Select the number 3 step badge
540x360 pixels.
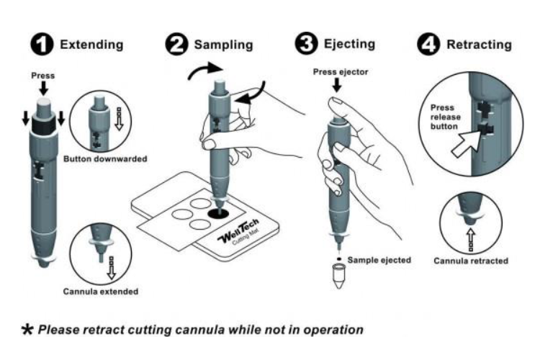click(x=307, y=43)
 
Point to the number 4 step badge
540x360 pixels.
click(x=429, y=44)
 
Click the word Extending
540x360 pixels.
click(x=91, y=45)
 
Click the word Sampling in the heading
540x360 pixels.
click(x=223, y=45)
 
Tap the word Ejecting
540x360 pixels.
click(x=349, y=44)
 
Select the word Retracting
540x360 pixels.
click(x=479, y=45)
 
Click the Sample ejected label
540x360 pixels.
click(x=378, y=260)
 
